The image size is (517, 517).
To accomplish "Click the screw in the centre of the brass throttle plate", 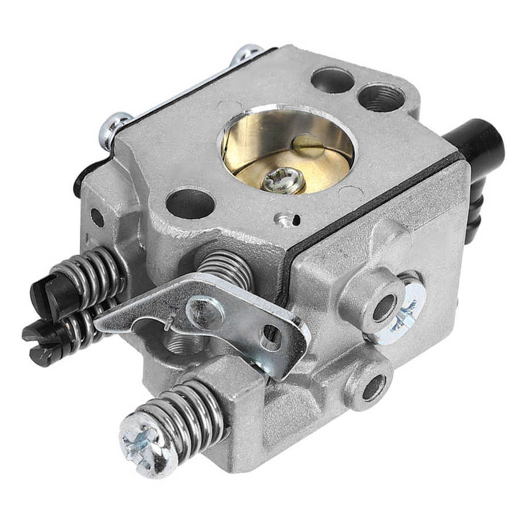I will (x=283, y=181).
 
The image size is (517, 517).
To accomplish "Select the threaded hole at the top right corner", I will (x=381, y=97).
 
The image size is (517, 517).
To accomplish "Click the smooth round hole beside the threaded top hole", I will (x=332, y=80).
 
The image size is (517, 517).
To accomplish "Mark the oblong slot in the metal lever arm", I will (x=271, y=337).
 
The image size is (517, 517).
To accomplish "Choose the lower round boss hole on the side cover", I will (x=374, y=387).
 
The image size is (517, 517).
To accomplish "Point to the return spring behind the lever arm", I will (x=227, y=267).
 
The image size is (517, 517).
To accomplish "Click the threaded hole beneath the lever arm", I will (x=182, y=344).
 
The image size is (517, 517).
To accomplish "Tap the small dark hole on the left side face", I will (x=97, y=218).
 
